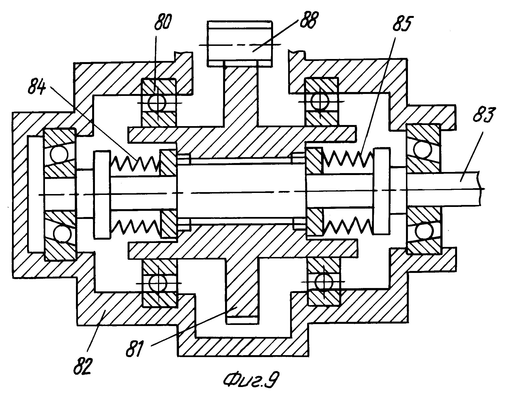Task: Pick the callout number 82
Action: tap(83, 366)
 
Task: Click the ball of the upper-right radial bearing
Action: tap(320, 102)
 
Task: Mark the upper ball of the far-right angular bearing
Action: tap(422, 149)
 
